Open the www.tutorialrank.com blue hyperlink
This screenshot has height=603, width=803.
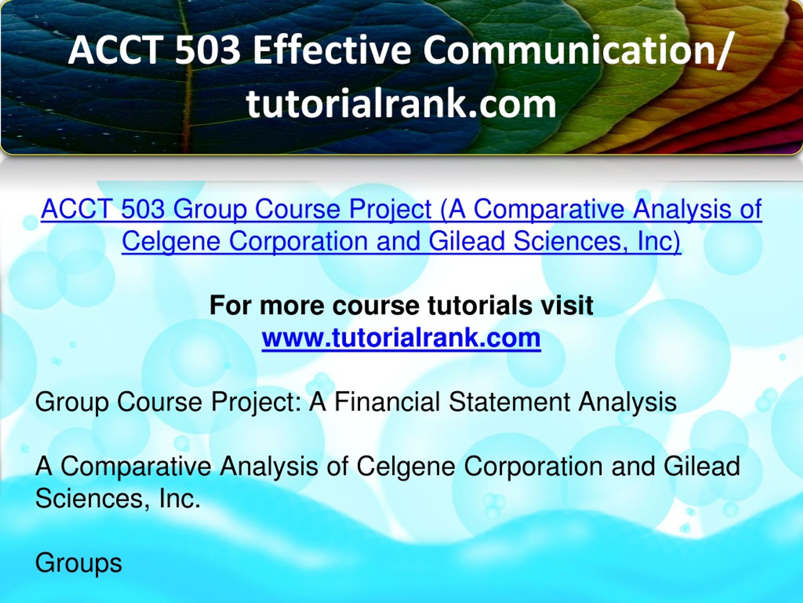tap(401, 338)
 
